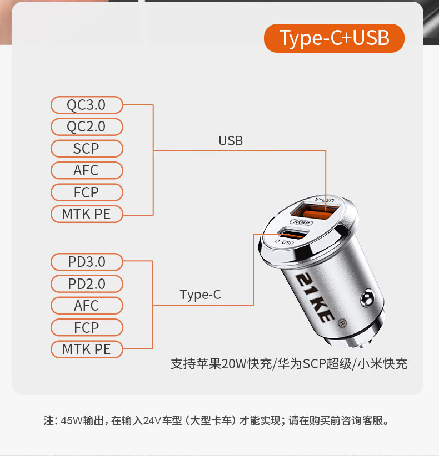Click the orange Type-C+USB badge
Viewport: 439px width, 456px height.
point(334,38)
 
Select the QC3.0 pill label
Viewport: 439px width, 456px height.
point(86,104)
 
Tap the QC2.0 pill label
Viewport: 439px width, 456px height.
point(86,126)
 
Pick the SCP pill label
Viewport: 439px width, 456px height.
point(86,149)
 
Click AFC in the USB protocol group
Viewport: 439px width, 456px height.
point(86,170)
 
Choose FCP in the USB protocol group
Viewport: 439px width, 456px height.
point(86,192)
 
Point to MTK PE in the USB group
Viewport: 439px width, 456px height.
point(86,214)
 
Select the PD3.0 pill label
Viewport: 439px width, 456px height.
point(86,261)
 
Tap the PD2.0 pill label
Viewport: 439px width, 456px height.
point(86,283)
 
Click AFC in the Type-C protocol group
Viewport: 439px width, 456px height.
point(86,305)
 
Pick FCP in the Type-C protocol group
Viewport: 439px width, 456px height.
point(86,327)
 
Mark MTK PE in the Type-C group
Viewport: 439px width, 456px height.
point(86,349)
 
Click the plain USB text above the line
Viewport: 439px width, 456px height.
point(231,141)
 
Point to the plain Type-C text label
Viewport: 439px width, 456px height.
point(200,295)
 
